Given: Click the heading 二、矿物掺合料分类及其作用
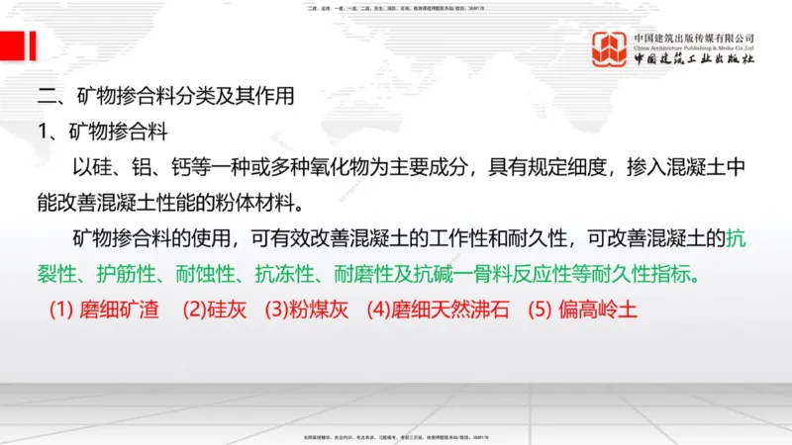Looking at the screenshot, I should coord(165,98).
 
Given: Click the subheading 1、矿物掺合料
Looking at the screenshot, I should coord(100,133).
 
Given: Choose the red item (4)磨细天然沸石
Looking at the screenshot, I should coord(438,309).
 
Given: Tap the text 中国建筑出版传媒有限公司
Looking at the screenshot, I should coord(694,37).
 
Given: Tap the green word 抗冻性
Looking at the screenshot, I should coord(281,274).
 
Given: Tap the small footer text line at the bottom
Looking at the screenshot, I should coord(396,436).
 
